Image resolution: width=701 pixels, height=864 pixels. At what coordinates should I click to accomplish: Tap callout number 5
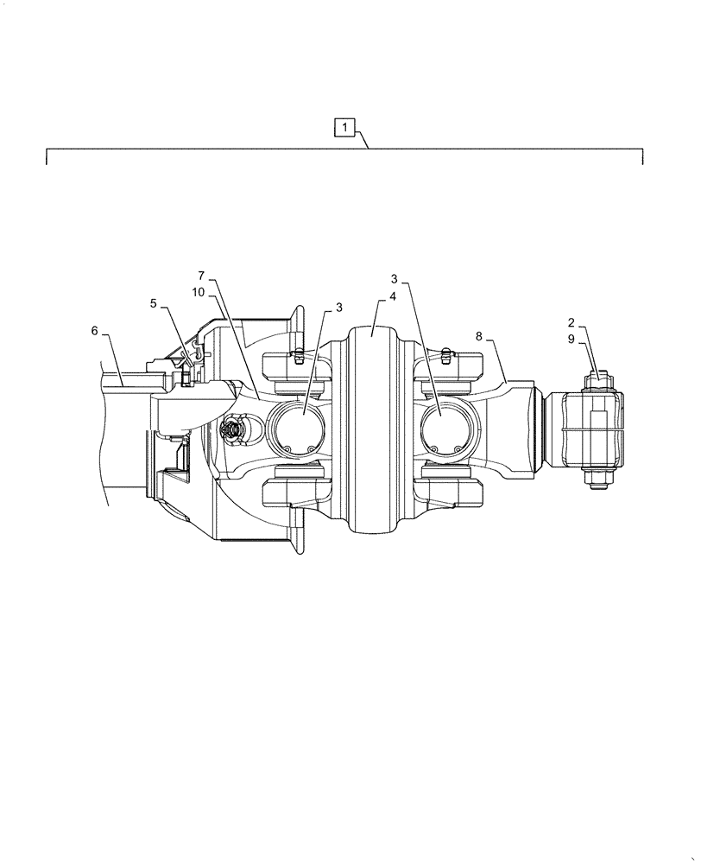coord(153,303)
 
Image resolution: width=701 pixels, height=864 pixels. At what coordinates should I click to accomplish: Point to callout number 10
coord(198,292)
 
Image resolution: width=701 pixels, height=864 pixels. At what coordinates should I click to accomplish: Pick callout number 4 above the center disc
coord(392,295)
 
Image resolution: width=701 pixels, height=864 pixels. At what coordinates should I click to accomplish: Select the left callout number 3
coord(338,307)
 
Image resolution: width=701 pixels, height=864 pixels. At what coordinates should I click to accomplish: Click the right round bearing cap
coord(445,428)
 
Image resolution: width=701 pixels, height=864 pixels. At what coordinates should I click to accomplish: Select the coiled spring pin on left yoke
coord(232,428)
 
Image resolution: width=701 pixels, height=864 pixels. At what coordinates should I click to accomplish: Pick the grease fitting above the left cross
coord(294,353)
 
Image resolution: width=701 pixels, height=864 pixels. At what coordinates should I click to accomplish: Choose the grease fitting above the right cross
coord(446,352)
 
